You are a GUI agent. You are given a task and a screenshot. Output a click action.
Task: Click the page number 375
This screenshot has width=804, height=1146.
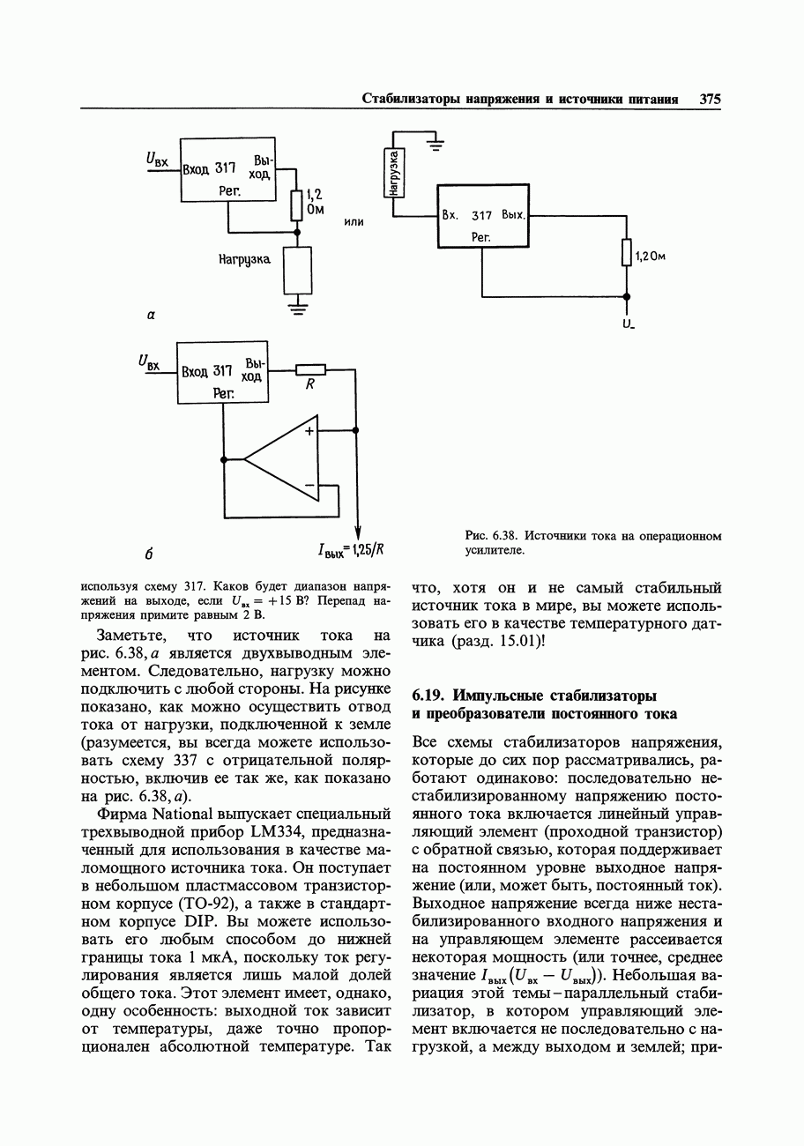point(711,99)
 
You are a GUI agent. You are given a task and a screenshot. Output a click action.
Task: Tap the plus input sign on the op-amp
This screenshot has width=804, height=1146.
point(309,431)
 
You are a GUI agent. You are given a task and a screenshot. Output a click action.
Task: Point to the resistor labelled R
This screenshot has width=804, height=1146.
point(310,370)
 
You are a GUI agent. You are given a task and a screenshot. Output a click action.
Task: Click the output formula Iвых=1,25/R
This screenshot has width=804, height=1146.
point(352,551)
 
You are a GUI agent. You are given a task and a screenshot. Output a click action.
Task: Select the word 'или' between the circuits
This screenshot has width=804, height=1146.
point(354,221)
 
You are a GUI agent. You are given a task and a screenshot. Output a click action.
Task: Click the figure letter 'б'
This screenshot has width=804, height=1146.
point(151,554)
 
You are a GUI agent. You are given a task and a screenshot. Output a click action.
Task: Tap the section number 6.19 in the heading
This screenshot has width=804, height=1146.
point(429,695)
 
